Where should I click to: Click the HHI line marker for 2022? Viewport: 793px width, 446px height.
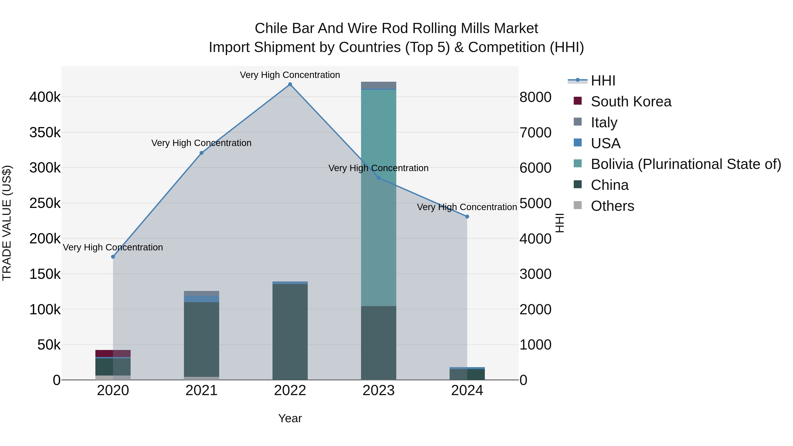point(290,84)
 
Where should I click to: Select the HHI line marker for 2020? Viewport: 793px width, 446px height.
point(113,257)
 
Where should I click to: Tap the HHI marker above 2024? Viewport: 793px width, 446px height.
point(467,217)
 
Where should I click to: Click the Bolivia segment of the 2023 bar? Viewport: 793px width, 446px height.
point(378,197)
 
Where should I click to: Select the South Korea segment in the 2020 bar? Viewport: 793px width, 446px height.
point(113,353)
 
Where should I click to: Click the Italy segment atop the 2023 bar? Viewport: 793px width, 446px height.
point(378,85)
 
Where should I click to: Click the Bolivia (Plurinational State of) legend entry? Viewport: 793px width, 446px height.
point(685,164)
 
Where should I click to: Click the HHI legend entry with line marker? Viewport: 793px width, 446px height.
point(603,81)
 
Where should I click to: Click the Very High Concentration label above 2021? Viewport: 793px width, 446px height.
point(201,143)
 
